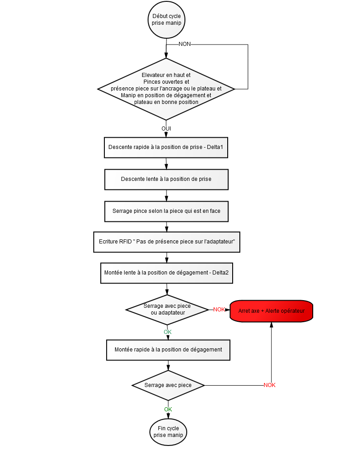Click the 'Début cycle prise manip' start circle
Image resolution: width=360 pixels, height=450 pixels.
pyautogui.click(x=166, y=19)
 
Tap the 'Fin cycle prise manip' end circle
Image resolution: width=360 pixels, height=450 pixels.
pyautogui.click(x=168, y=432)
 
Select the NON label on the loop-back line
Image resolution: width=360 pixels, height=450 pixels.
pyautogui.click(x=184, y=44)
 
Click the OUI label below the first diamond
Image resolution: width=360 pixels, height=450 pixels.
pyautogui.click(x=166, y=128)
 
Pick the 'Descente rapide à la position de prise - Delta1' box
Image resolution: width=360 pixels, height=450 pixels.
pyautogui.click(x=166, y=148)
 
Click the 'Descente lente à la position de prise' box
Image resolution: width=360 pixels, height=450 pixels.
pyautogui.click(x=166, y=180)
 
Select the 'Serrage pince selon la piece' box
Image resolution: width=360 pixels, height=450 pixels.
pyautogui.click(x=166, y=211)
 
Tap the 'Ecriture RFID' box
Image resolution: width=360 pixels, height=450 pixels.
pyautogui.click(x=166, y=242)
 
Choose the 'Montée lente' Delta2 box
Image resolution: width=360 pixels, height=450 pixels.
pyautogui.click(x=166, y=273)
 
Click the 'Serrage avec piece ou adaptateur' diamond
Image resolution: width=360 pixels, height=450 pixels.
pyautogui.click(x=167, y=310)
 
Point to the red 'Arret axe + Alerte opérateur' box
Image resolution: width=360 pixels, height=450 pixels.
pyautogui.click(x=271, y=311)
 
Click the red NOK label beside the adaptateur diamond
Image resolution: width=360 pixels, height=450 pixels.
pyautogui.click(x=219, y=310)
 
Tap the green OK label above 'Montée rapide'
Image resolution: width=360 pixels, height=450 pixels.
pyautogui.click(x=168, y=332)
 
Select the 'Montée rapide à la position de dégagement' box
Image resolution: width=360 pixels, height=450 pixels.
pyautogui.click(x=168, y=350)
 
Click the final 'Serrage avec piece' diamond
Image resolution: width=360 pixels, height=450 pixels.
pyautogui.click(x=168, y=386)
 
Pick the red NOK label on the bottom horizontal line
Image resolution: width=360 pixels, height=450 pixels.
pyautogui.click(x=270, y=385)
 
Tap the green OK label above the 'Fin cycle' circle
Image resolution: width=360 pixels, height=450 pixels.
pyautogui.click(x=168, y=409)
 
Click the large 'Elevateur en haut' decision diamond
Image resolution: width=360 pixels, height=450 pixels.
pyautogui.click(x=166, y=89)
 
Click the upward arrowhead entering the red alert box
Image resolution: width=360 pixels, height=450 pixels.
pyautogui.click(x=271, y=325)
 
